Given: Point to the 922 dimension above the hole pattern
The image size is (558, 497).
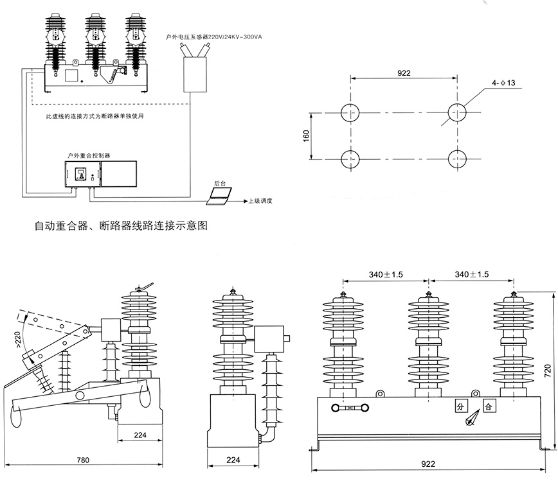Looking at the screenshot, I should (x=403, y=74).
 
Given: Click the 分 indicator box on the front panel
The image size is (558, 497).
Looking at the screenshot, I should (x=460, y=406).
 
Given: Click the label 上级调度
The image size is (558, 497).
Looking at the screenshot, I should (x=260, y=201).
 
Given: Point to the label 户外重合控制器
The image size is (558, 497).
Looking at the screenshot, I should (x=89, y=155).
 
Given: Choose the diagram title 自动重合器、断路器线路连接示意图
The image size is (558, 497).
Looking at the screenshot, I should (x=121, y=226).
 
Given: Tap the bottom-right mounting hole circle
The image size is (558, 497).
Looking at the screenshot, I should (x=457, y=159).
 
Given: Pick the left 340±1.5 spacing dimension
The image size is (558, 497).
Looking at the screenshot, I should (x=386, y=274).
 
